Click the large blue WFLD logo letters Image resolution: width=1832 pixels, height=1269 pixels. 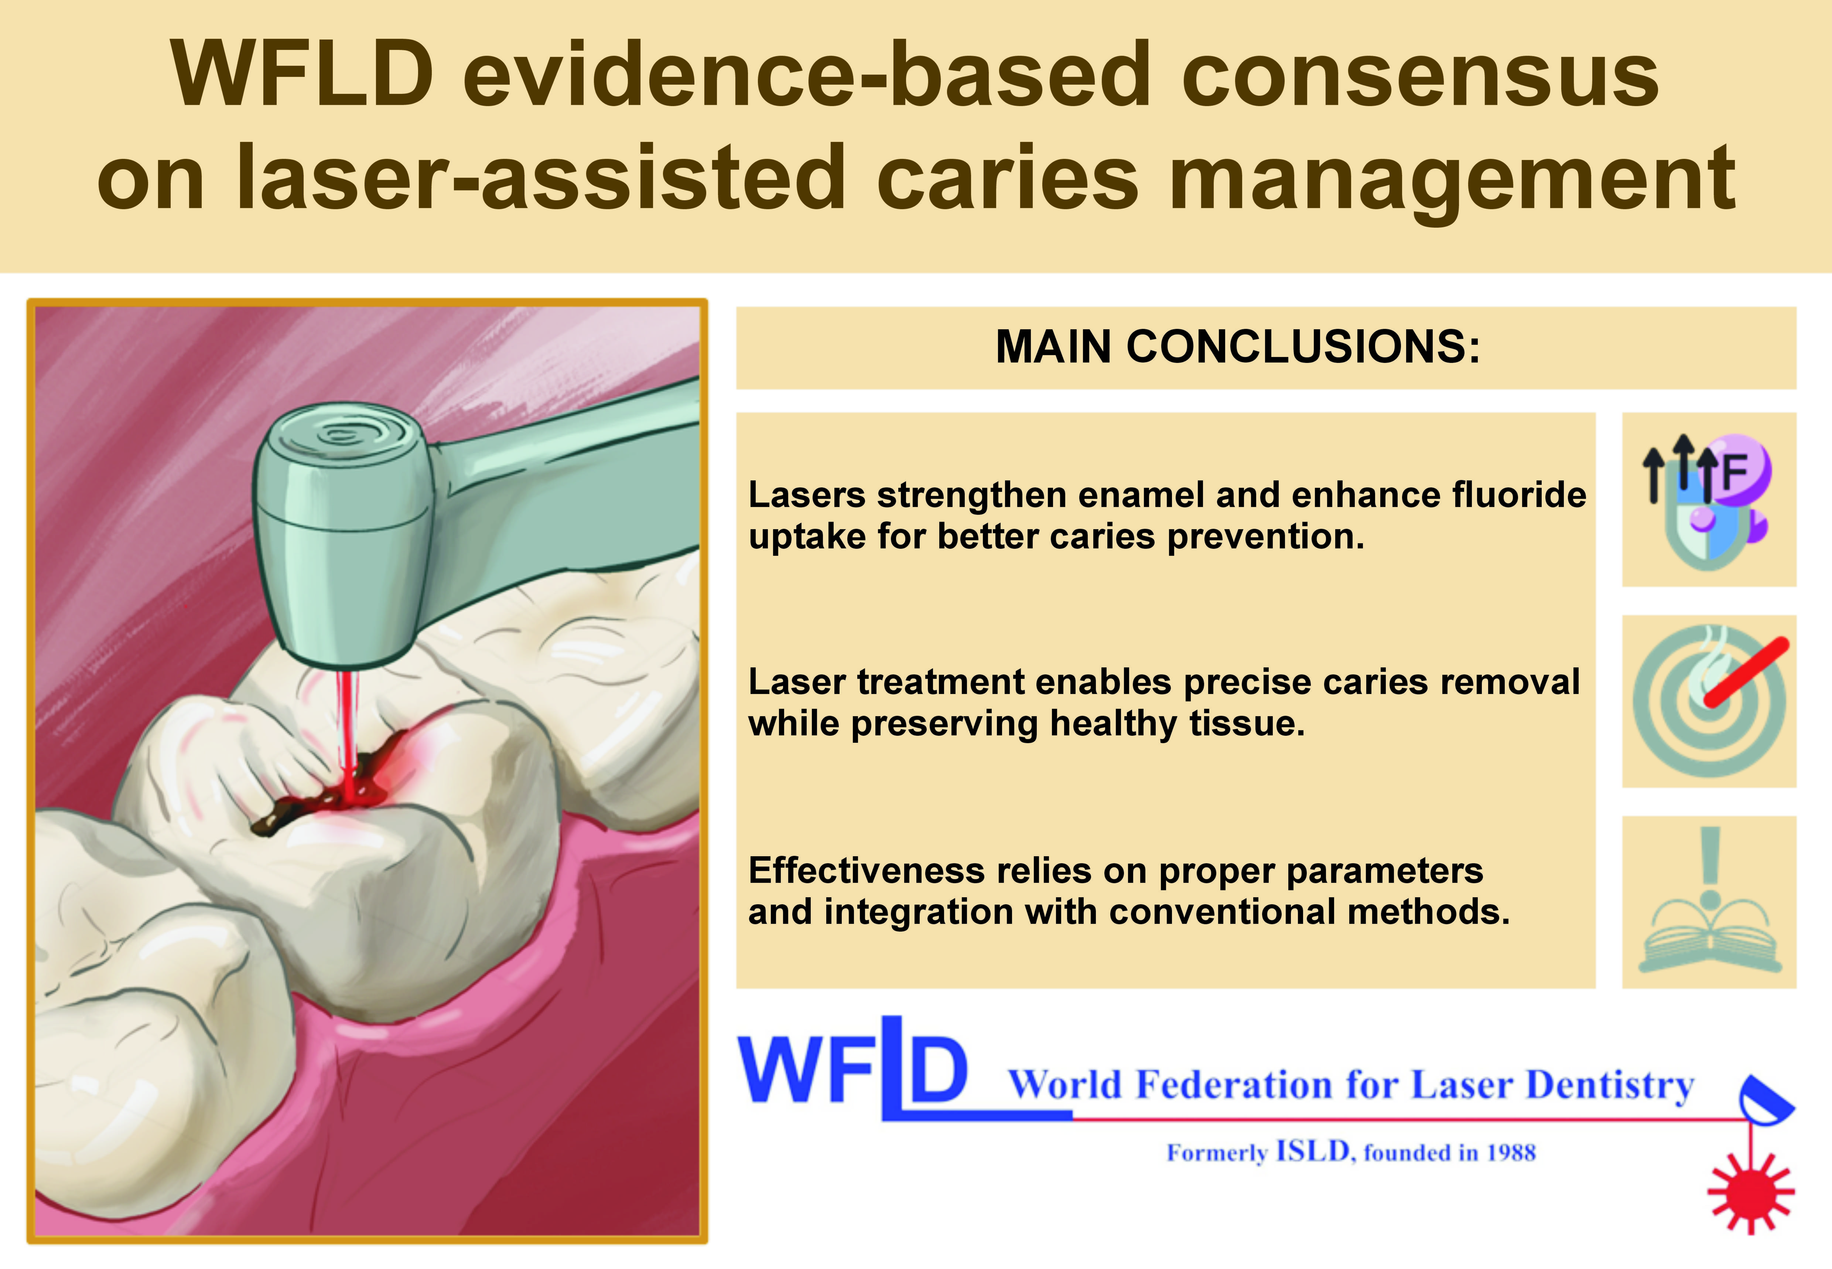pyautogui.click(x=854, y=1068)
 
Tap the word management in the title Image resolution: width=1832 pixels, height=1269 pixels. pyautogui.click(x=1452, y=179)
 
